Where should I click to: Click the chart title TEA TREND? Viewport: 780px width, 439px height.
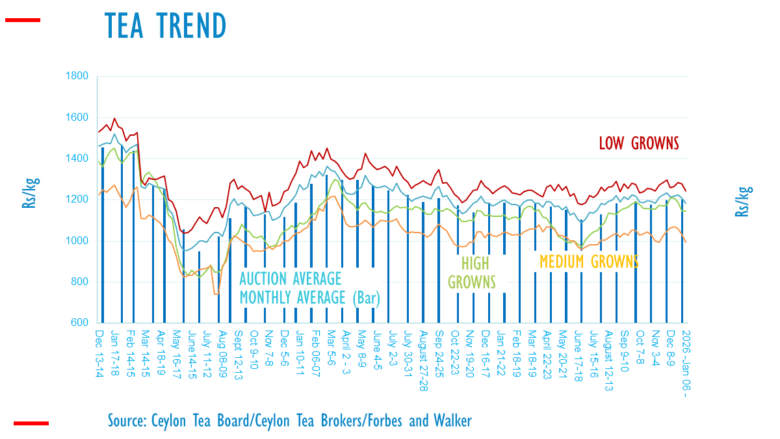(x=165, y=25)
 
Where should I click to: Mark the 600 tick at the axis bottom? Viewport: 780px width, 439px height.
(x=80, y=323)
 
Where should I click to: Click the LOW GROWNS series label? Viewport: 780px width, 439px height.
(x=638, y=143)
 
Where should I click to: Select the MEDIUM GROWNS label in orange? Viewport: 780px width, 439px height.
(x=589, y=262)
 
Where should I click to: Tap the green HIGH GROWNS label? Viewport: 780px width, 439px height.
(x=471, y=273)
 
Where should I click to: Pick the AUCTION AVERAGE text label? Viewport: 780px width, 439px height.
(x=291, y=279)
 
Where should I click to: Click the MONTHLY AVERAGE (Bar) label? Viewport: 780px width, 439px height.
(x=309, y=298)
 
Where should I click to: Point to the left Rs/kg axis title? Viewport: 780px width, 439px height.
(x=29, y=195)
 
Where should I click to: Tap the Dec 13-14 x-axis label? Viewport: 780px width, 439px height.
(x=99, y=349)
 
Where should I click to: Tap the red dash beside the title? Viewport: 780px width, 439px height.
(x=23, y=21)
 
